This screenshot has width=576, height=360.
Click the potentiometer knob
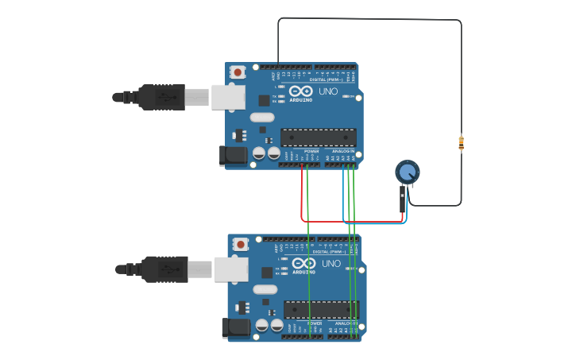[407, 171]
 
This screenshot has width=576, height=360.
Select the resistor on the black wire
[461, 143]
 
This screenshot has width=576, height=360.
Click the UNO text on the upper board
[328, 91]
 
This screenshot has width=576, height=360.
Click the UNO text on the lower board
[331, 263]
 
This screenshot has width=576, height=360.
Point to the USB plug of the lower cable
[165, 269]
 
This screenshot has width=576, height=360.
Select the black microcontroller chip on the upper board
[318, 137]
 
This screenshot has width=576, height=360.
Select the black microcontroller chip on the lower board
[321, 309]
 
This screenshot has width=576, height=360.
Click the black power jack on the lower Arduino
[237, 327]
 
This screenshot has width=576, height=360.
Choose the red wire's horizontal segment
[350, 221]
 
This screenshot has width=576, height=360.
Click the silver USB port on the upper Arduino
[228, 97]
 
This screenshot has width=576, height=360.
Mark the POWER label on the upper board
[311, 151]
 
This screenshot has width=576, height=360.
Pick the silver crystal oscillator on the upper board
[261, 118]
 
